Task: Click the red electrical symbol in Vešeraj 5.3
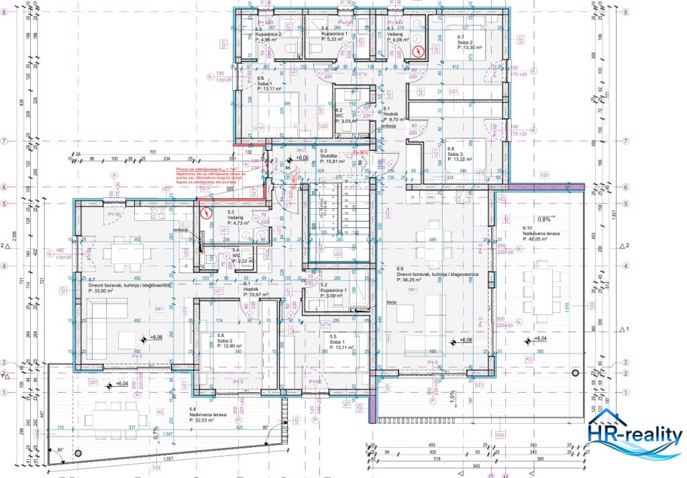[205, 214]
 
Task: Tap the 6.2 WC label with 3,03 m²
[348, 117]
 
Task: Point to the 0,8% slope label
[543, 220]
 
